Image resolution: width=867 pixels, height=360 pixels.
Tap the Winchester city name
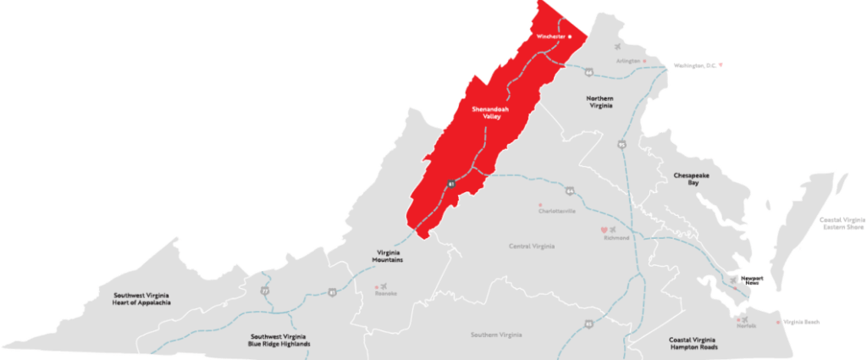pos(550,37)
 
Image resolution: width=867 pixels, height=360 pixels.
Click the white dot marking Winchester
pos(571,37)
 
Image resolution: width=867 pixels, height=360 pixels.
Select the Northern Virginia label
pos(599,103)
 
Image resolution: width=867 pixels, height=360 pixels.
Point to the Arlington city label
pos(627,61)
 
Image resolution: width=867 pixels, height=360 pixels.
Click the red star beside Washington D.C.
pos(720,64)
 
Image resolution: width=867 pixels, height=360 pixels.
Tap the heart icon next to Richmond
pos(604,230)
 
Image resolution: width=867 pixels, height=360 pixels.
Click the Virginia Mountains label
pos(389,256)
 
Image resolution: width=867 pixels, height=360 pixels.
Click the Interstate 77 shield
pos(264,291)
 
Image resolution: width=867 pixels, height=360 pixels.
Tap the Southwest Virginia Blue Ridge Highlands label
pos(279,341)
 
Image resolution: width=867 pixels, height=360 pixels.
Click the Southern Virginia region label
pos(497,335)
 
